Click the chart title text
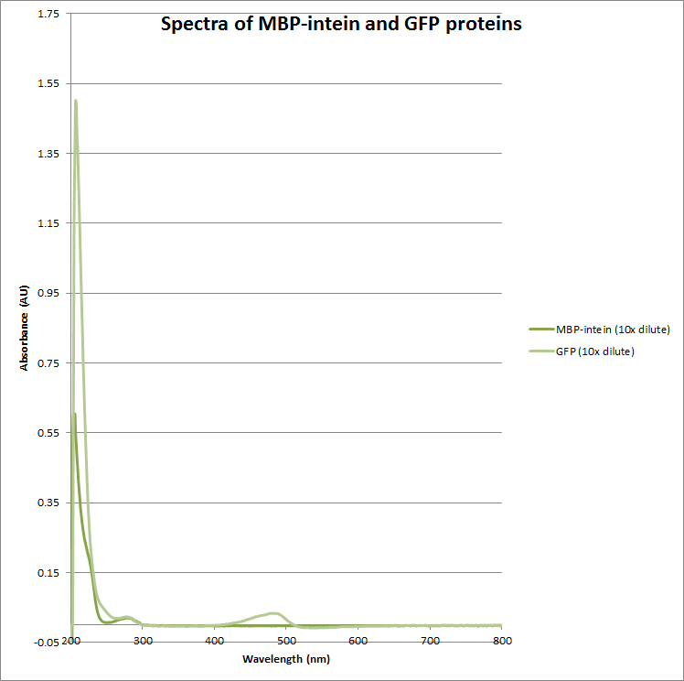[341, 25]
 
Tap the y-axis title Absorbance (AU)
[25, 327]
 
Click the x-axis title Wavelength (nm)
[286, 659]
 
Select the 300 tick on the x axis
[143, 641]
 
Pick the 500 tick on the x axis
[286, 641]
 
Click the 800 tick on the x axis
[501, 641]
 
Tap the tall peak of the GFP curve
[76, 101]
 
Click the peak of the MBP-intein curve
[75, 414]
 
